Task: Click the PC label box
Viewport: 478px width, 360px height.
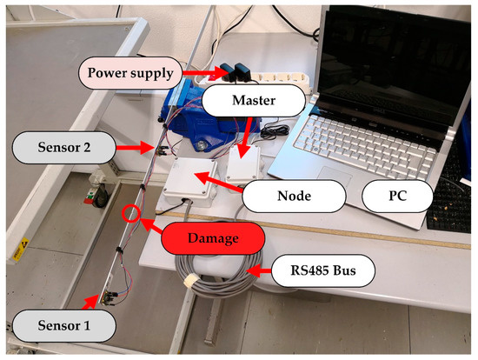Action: [x=397, y=197]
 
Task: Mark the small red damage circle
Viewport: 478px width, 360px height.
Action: [x=132, y=212]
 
